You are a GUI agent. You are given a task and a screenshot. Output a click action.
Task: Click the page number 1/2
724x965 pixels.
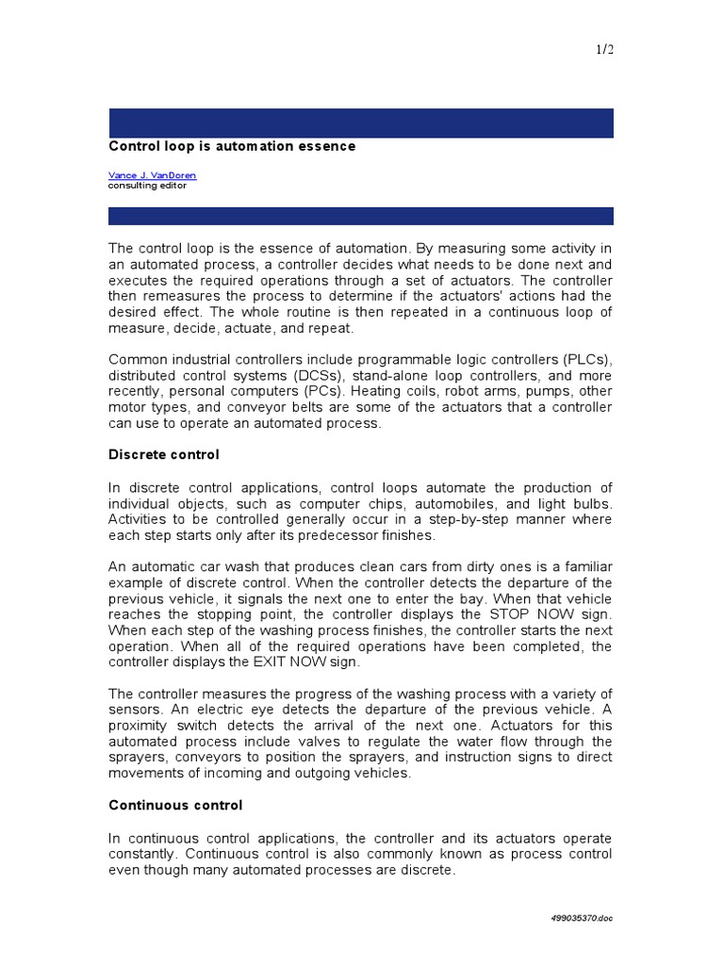tap(604, 49)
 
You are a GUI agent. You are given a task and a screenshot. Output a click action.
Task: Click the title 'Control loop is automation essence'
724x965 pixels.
tap(232, 146)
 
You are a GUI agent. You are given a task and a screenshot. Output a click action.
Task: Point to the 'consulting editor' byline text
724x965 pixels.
tap(147, 186)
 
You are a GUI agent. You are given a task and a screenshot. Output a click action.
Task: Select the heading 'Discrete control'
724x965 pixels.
tap(164, 454)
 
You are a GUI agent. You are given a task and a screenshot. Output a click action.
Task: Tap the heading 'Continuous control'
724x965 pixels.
tap(175, 805)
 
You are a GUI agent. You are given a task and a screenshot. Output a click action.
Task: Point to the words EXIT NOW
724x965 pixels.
tap(278, 662)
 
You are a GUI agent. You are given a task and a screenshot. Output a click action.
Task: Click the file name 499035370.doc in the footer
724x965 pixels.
tap(583, 918)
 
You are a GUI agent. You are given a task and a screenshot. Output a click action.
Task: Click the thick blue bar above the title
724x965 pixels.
tap(361, 123)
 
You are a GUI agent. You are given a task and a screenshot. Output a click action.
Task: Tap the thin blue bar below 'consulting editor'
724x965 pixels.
tap(361, 216)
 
